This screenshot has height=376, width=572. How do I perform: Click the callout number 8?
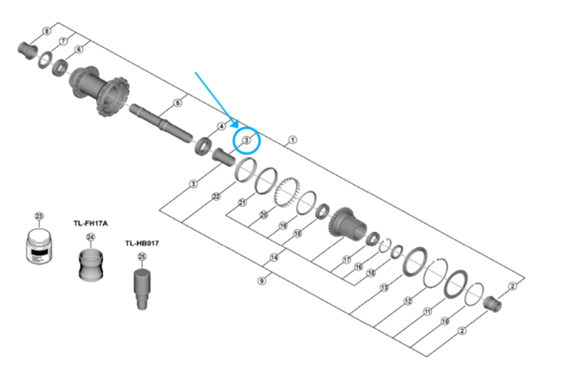(x=46, y=32)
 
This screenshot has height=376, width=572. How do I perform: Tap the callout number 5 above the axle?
(x=177, y=103)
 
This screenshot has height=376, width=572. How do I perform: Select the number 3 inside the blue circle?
(x=246, y=139)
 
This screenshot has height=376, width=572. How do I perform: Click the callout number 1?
(x=292, y=139)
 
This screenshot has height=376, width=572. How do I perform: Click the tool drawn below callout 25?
(x=142, y=283)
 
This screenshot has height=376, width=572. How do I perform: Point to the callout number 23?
(x=38, y=216)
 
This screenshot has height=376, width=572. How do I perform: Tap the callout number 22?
(x=216, y=197)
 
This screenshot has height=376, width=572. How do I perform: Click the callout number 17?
(x=346, y=259)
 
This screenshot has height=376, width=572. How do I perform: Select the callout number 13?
(x=384, y=288)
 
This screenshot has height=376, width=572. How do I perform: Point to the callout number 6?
(x=79, y=49)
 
